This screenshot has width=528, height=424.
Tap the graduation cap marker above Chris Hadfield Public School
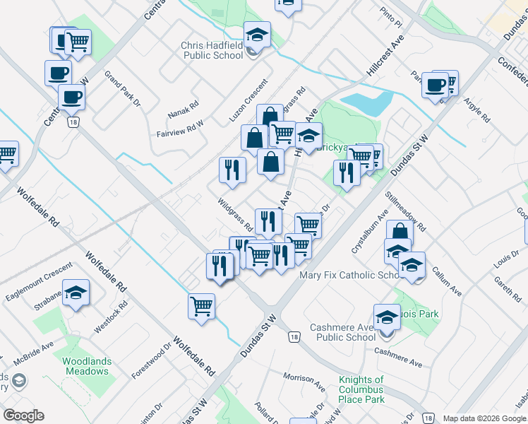(x=257, y=34)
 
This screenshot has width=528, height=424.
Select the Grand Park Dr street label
(x=123, y=88)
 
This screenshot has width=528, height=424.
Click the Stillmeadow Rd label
(x=405, y=211)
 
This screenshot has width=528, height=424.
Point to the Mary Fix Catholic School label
(x=352, y=275)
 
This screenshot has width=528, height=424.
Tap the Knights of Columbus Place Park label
(x=361, y=389)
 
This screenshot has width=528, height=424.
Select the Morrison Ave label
(x=304, y=382)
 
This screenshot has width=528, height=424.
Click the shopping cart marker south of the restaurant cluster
(x=202, y=307)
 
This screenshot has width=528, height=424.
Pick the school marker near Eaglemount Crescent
(x=76, y=293)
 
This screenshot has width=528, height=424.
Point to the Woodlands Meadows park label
(x=87, y=366)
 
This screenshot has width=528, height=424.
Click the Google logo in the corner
(x=23, y=416)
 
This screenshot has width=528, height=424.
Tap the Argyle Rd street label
(x=477, y=112)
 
